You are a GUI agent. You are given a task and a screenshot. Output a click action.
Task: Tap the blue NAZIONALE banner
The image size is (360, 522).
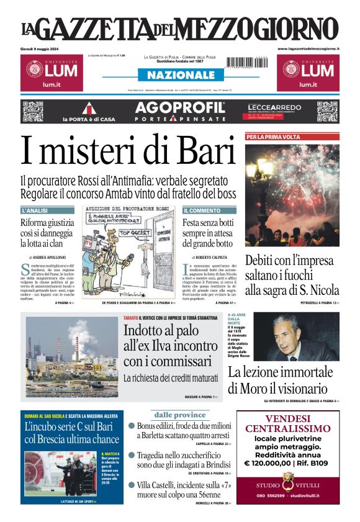click(180, 75)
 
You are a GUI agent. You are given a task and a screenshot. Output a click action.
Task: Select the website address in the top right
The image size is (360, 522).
click(308, 48)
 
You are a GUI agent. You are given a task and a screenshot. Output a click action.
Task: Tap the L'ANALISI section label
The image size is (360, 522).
click(35, 211)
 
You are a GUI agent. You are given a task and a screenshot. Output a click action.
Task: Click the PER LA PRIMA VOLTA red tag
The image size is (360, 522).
click(274, 137)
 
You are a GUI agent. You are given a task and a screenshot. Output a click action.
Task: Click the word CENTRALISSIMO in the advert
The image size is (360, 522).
click(288, 428)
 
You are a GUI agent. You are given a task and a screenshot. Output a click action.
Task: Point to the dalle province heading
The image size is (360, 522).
click(180, 415)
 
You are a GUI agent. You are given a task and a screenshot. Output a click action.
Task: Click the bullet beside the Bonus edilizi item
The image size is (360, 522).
click(132, 426)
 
